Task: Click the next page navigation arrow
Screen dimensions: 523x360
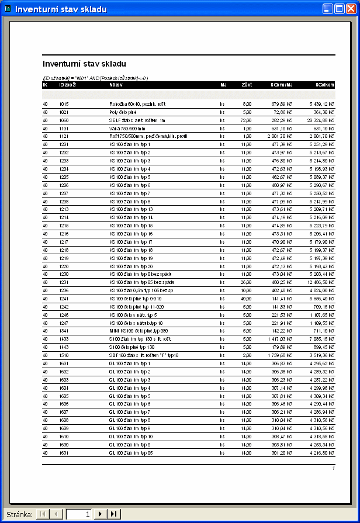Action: tap(101, 514)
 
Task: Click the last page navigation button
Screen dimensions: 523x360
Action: tap(114, 514)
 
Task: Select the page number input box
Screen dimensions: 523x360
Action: tap(79, 514)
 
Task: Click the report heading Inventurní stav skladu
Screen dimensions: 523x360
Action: tap(85, 63)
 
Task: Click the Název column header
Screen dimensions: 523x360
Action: tap(116, 85)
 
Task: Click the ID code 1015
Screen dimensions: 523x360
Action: tap(64, 103)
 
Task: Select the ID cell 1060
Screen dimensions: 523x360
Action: tap(64, 120)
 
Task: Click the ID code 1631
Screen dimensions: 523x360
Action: tap(64, 453)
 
